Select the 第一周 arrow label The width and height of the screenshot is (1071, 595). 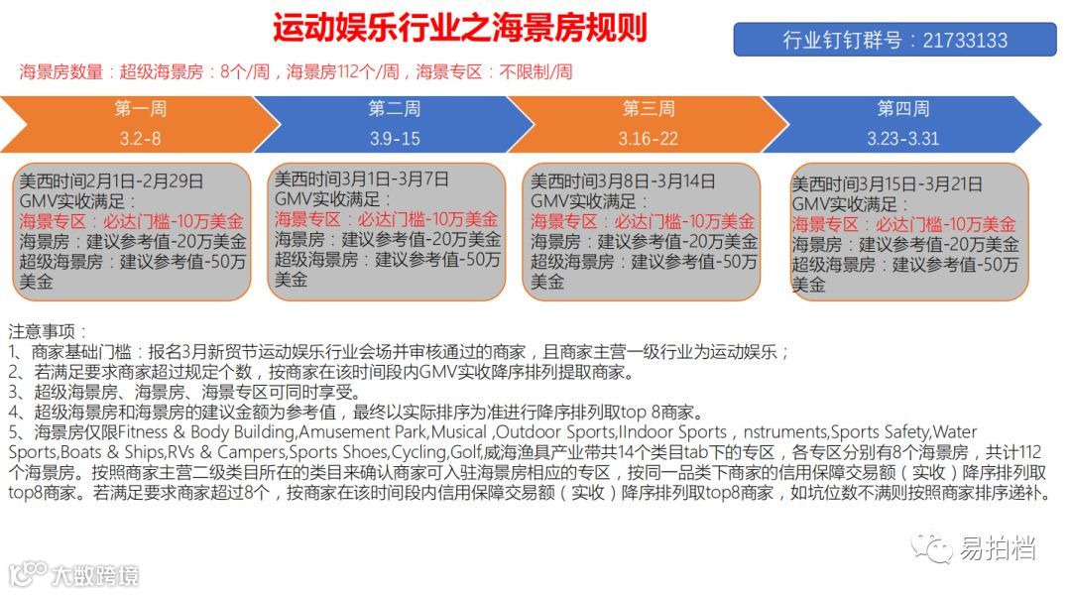141,108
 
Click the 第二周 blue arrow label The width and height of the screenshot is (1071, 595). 394,108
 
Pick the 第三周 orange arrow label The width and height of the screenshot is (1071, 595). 648,108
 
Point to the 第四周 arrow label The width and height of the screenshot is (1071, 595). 902,108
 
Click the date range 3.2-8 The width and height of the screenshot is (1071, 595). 141,138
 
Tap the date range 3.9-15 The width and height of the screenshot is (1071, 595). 395,138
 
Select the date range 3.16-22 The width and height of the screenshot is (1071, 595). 649,138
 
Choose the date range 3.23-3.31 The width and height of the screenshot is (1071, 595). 902,138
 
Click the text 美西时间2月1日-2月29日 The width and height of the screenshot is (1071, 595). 112,181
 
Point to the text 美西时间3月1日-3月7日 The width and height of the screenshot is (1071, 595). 361,179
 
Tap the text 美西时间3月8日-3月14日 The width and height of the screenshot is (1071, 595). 623,181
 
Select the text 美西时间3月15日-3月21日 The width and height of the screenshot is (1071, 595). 888,184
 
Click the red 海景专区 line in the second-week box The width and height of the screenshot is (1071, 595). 386,219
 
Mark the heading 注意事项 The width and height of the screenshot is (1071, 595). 48,330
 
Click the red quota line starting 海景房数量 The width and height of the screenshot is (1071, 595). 296,71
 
